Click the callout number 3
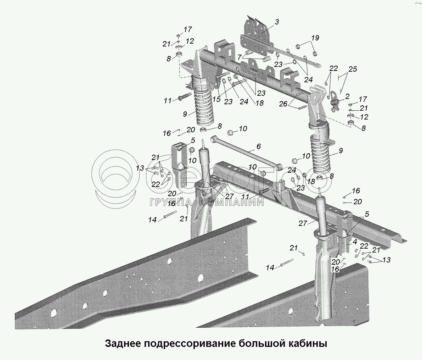point(277,22)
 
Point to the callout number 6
point(258,146)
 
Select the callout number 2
point(347,96)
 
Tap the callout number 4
point(354,243)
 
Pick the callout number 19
point(315,38)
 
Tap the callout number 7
point(240,57)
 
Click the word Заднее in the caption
point(123,344)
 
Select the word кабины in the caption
point(308,344)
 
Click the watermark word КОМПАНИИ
point(232,203)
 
